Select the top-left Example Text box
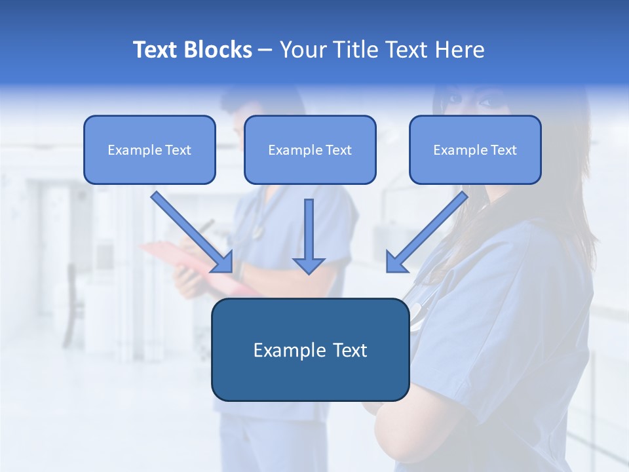click(149, 149)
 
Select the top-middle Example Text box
click(310, 149)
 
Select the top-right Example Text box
click(475, 149)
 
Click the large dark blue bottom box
click(310, 350)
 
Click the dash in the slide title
click(265, 50)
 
